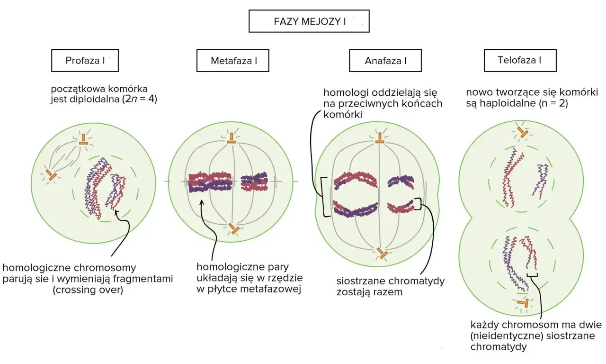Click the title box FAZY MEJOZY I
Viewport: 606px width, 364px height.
click(x=309, y=21)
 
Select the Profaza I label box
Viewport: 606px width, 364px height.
click(x=85, y=60)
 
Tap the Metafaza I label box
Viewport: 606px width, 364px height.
click(x=232, y=60)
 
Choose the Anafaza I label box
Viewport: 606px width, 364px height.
click(x=385, y=60)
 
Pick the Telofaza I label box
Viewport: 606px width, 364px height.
click(x=520, y=60)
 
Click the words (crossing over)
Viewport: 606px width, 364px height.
click(x=88, y=290)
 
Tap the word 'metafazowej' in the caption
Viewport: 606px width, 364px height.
click(x=270, y=289)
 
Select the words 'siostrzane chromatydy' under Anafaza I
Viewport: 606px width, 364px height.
click(x=391, y=281)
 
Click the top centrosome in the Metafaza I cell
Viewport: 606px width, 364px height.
click(x=232, y=138)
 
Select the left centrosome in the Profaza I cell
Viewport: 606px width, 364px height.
click(x=51, y=175)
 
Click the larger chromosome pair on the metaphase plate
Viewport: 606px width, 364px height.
click(x=210, y=182)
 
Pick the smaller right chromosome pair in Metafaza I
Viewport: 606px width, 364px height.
click(x=254, y=181)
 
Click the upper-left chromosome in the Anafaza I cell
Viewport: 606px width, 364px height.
click(x=355, y=180)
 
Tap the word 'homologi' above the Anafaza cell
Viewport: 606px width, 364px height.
click(x=346, y=92)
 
